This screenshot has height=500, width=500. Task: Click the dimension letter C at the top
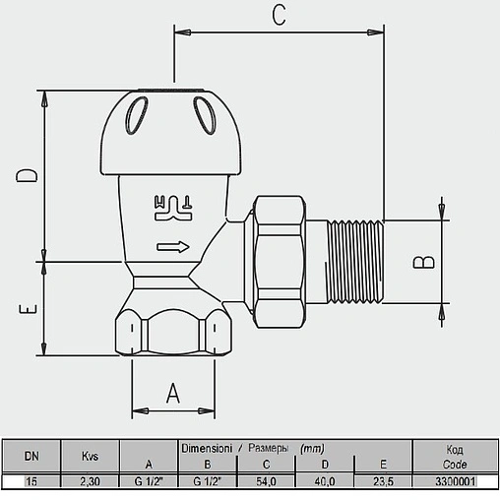tap(279, 16)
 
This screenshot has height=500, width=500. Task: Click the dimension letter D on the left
tap(27, 175)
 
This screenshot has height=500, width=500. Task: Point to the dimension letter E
tap(28, 309)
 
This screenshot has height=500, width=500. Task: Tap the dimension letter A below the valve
tap(173, 393)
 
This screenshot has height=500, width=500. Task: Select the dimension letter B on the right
tap(423, 262)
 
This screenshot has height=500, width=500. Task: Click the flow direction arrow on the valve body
tap(173, 247)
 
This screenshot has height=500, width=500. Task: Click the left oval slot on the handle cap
tap(137, 115)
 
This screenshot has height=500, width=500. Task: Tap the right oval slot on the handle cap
tap(206, 115)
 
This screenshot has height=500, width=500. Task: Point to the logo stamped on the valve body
tap(173, 209)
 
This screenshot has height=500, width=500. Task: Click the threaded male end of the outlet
tap(355, 262)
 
